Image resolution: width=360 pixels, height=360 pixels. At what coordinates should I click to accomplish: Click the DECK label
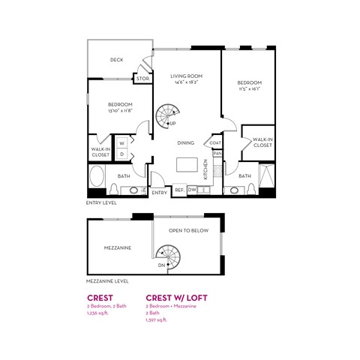tap(116, 59)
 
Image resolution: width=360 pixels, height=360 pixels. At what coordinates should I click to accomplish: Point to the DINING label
tap(187, 142)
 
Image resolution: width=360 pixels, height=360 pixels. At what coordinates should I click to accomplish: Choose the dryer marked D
tap(121, 154)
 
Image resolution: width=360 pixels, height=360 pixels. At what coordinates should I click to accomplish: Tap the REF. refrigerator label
tap(180, 190)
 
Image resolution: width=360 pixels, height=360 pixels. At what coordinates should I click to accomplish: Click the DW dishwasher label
tap(193, 190)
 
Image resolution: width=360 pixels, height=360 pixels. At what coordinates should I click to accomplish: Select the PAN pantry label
tap(217, 154)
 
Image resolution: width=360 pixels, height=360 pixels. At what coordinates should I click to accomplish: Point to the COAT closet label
tap(216, 142)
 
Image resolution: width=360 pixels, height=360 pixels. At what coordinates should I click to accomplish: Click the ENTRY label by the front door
tap(159, 193)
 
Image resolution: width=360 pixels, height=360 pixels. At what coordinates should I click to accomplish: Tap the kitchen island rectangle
tap(191, 164)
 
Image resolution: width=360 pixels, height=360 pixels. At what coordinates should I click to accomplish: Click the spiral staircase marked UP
tap(165, 116)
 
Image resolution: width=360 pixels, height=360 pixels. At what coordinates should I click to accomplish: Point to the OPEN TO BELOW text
tap(188, 231)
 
